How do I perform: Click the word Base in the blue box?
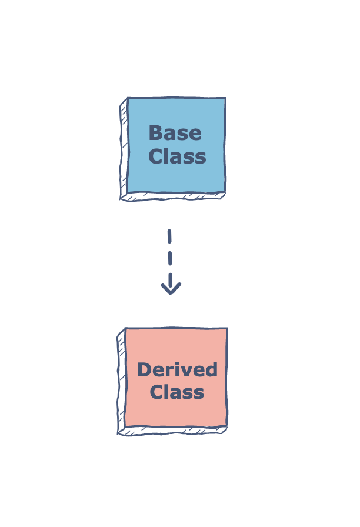[175, 133]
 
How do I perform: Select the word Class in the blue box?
[177, 156]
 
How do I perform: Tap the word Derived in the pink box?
[177, 369]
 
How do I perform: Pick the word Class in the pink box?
[177, 392]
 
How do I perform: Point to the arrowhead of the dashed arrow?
[171, 288]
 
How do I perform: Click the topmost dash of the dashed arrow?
[169, 236]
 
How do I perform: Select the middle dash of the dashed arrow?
[170, 258]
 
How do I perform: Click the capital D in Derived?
[145, 370]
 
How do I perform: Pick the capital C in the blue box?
[155, 156]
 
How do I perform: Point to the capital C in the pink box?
[156, 392]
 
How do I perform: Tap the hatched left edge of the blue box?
[124, 149]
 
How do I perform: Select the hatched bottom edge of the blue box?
[173, 196]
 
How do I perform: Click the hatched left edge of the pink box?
[121, 382]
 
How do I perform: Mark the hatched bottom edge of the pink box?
[172, 431]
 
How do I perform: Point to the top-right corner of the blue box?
[225, 98]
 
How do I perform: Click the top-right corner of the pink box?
[227, 328]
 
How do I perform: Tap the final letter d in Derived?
[211, 369]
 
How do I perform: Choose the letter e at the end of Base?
[196, 135]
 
